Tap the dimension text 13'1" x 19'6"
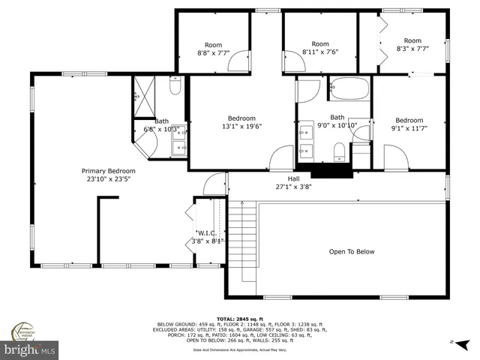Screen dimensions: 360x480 click(241, 127)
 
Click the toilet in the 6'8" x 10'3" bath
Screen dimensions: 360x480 click(175, 88)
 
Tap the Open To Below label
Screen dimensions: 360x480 click(352, 252)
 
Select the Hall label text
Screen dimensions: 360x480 click(283, 178)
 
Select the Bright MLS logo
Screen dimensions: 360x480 click(30, 349)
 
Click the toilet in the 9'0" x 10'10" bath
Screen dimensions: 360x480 click(338, 154)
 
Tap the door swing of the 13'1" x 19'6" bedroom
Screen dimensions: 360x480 click(281, 158)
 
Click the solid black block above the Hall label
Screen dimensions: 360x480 click(325, 170)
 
